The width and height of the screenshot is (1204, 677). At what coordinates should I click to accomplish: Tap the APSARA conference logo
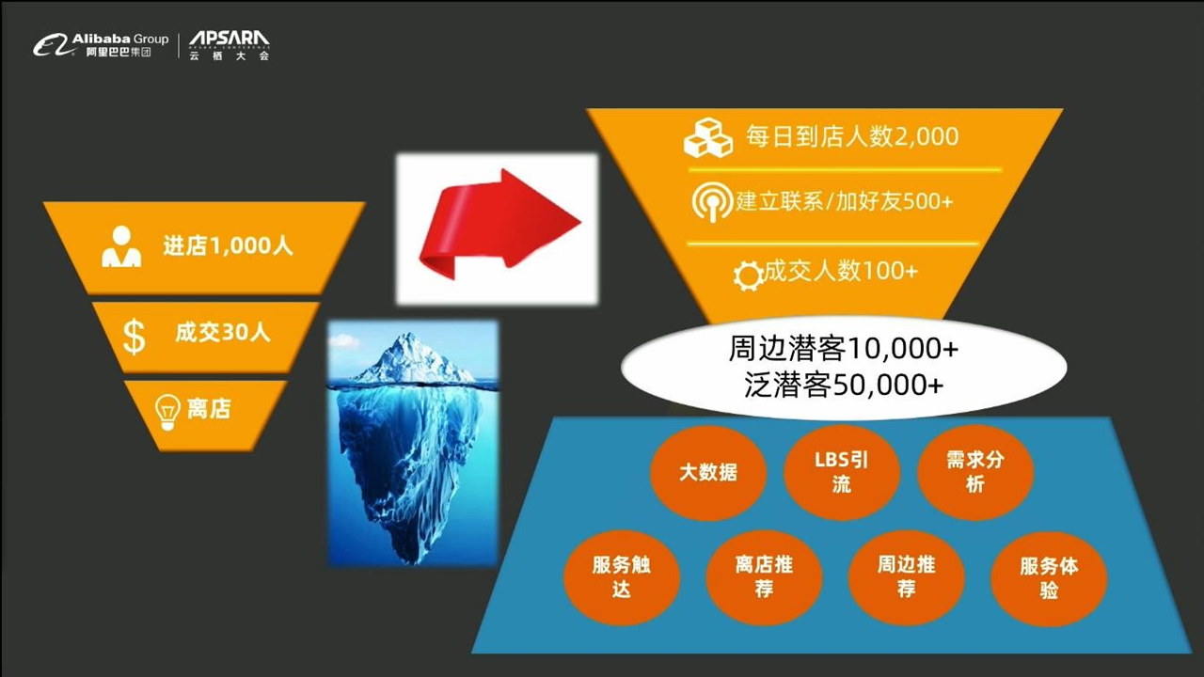(x=230, y=45)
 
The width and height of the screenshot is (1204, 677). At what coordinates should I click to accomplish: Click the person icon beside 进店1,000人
(x=121, y=246)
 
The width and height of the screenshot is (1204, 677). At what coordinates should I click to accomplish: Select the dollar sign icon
(x=134, y=336)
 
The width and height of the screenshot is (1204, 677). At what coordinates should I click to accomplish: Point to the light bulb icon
(x=167, y=412)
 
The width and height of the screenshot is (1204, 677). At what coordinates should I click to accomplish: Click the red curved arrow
(x=499, y=225)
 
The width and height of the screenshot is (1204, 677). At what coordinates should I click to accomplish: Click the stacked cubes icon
(x=708, y=137)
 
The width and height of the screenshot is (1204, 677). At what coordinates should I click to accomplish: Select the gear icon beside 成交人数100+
(x=748, y=276)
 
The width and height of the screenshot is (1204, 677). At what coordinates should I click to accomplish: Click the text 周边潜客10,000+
(x=844, y=348)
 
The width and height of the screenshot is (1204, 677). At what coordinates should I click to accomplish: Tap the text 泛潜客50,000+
(x=844, y=385)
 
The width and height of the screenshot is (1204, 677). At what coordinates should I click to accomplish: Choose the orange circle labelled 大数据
(x=708, y=472)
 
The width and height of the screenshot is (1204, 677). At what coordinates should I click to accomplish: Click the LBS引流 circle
(x=841, y=472)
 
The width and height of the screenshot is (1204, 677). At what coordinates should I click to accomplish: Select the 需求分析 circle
(x=975, y=472)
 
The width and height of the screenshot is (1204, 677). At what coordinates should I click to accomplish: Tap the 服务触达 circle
(x=622, y=577)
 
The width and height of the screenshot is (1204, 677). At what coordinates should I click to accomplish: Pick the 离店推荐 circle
(x=764, y=577)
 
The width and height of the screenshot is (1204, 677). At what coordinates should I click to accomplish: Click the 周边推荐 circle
(x=906, y=577)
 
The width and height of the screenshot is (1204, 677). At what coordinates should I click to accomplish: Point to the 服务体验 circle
(x=1049, y=578)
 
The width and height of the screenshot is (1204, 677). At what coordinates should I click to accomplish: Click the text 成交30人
(x=223, y=333)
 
